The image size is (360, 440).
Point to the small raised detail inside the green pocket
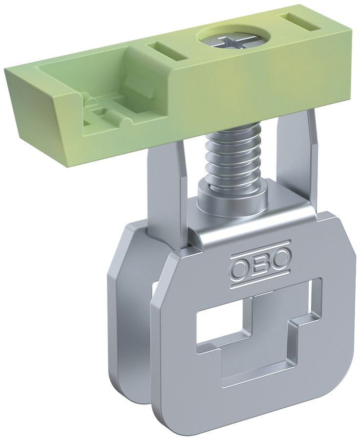pyautogui.click(x=105, y=106)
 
